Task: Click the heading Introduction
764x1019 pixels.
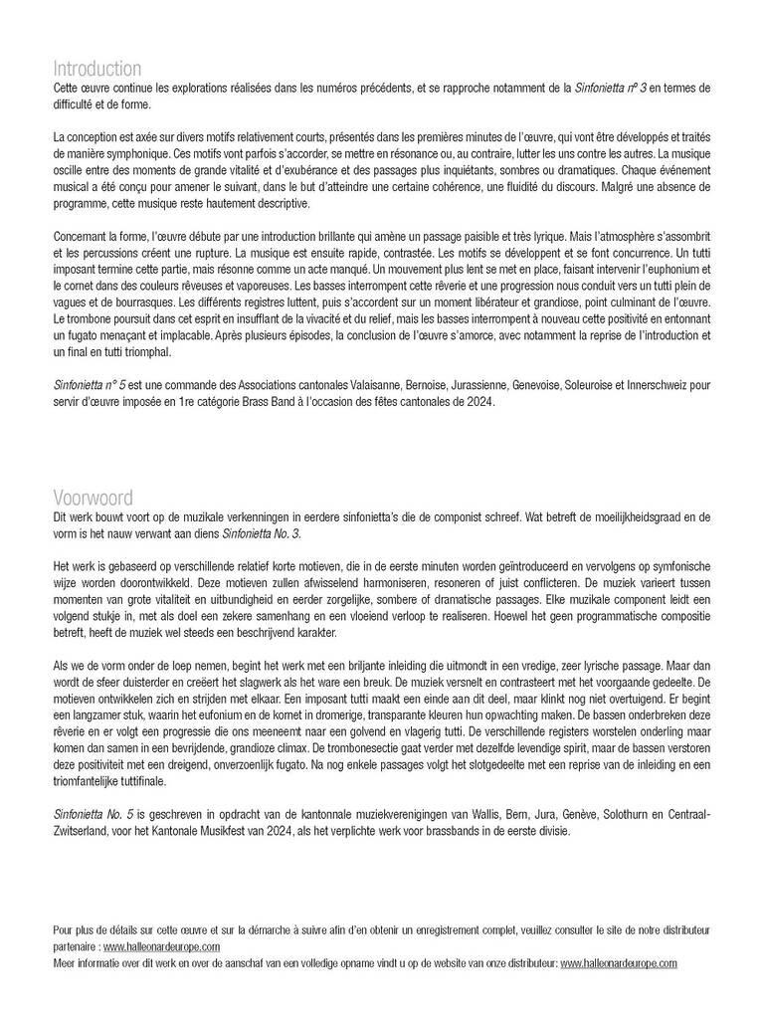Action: click(96, 69)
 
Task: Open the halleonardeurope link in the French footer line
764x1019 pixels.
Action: click(161, 947)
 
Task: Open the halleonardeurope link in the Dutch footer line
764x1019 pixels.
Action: click(619, 963)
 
